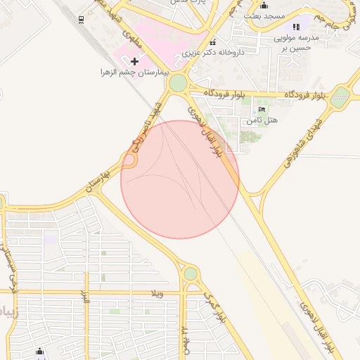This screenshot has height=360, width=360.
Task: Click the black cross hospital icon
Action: click(135, 62)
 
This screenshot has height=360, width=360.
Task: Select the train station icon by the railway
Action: click(82, 19)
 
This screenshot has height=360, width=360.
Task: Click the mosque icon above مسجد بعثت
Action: click(264, 6)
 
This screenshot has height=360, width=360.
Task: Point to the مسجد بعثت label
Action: click(264, 15)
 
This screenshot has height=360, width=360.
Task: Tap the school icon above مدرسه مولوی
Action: click(304, 25)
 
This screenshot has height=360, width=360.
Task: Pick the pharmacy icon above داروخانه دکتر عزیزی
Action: click(213, 41)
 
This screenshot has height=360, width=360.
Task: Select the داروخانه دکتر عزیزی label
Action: click(212, 52)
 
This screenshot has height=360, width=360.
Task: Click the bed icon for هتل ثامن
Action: click(262, 110)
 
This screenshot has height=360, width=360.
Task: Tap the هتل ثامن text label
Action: click(262, 120)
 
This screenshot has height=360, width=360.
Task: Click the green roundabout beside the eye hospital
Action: click(178, 84)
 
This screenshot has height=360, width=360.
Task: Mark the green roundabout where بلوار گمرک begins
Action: click(191, 273)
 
